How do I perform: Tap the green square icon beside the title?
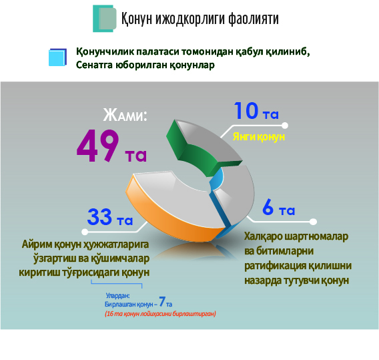click(x=105, y=19)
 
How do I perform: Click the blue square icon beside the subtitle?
click(x=58, y=57)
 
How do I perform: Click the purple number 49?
click(x=97, y=145)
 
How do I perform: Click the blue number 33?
click(x=101, y=217)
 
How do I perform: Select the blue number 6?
click(x=268, y=208)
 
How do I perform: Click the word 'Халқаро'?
click(x=266, y=237)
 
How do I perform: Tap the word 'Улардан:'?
click(x=117, y=294)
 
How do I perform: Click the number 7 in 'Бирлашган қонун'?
click(x=162, y=303)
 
